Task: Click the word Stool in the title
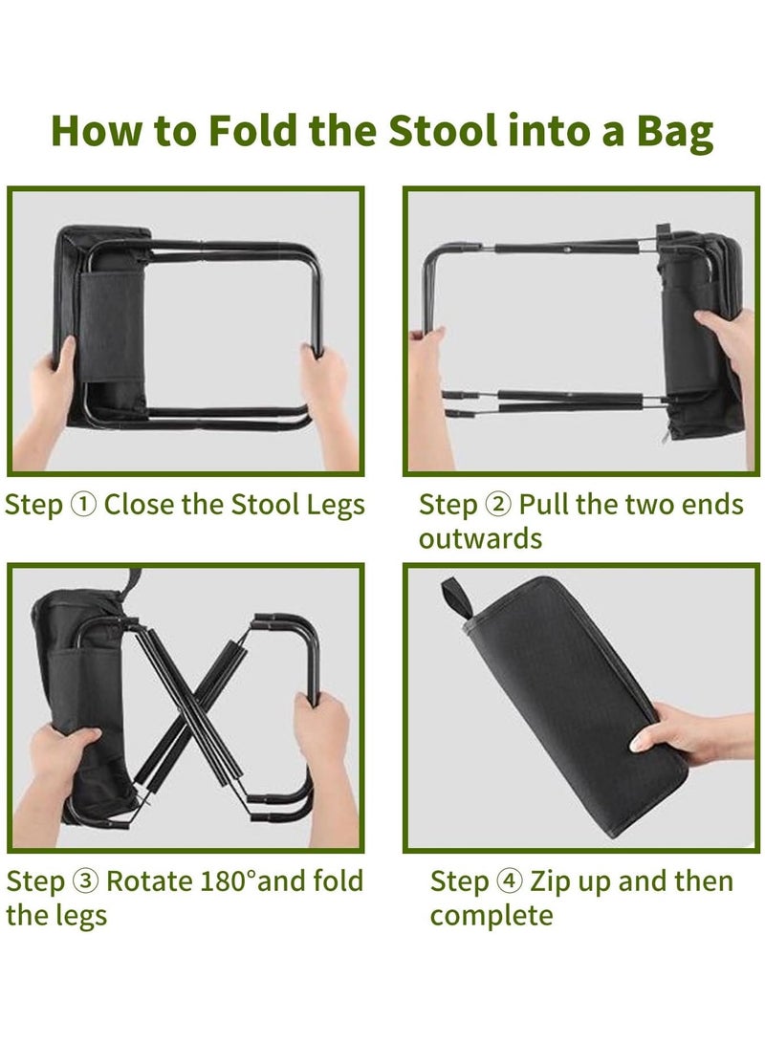click(x=443, y=130)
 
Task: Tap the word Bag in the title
click(x=675, y=132)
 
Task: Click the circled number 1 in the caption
click(x=84, y=504)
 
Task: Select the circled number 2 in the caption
click(x=498, y=504)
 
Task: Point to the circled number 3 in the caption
click(x=86, y=880)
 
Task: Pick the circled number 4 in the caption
click(x=510, y=880)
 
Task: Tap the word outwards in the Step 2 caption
click(x=480, y=538)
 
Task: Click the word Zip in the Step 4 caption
click(x=550, y=882)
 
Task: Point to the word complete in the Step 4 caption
click(x=492, y=917)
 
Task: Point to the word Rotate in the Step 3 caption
click(x=149, y=880)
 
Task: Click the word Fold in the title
click(x=252, y=130)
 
